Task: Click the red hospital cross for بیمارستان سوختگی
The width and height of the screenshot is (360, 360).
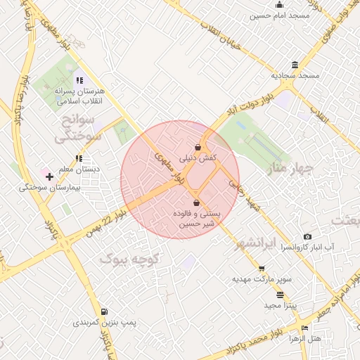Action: pyautogui.click(x=49, y=175)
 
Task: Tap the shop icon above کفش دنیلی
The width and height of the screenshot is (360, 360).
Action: pyautogui.click(x=199, y=147)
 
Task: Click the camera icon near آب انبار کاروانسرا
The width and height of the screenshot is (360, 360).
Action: pyautogui.click(x=307, y=237)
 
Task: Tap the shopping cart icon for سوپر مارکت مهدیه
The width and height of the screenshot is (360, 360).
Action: pyautogui.click(x=262, y=268)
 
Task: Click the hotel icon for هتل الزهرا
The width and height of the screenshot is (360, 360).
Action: pyautogui.click(x=304, y=328)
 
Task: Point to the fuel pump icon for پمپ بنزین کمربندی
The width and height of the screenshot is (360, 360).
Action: pyautogui.click(x=104, y=311)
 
